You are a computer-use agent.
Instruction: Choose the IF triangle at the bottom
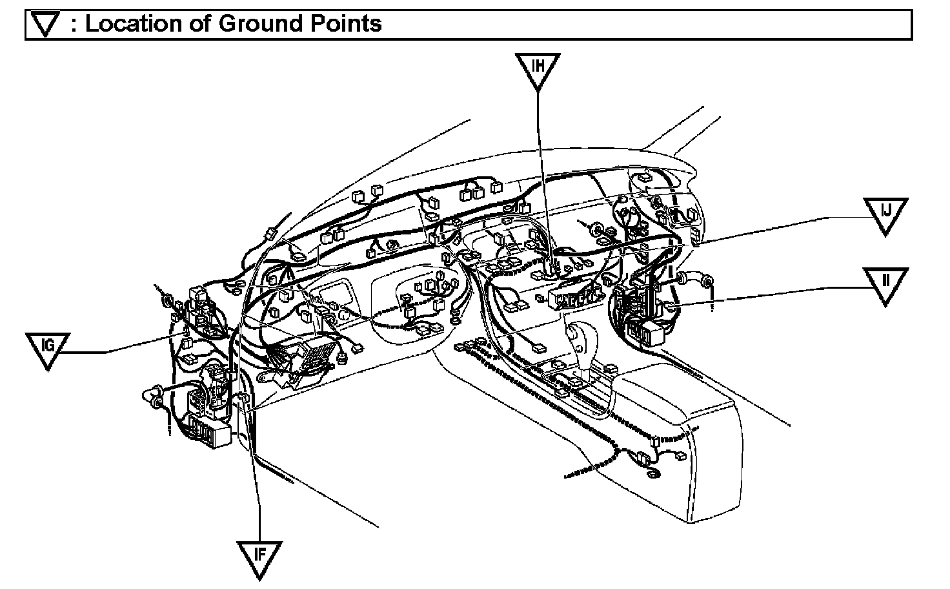(x=259, y=557)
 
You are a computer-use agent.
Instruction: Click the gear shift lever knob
(x=574, y=334)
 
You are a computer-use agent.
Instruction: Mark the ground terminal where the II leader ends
(x=669, y=304)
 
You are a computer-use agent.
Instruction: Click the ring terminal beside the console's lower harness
(x=652, y=475)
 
